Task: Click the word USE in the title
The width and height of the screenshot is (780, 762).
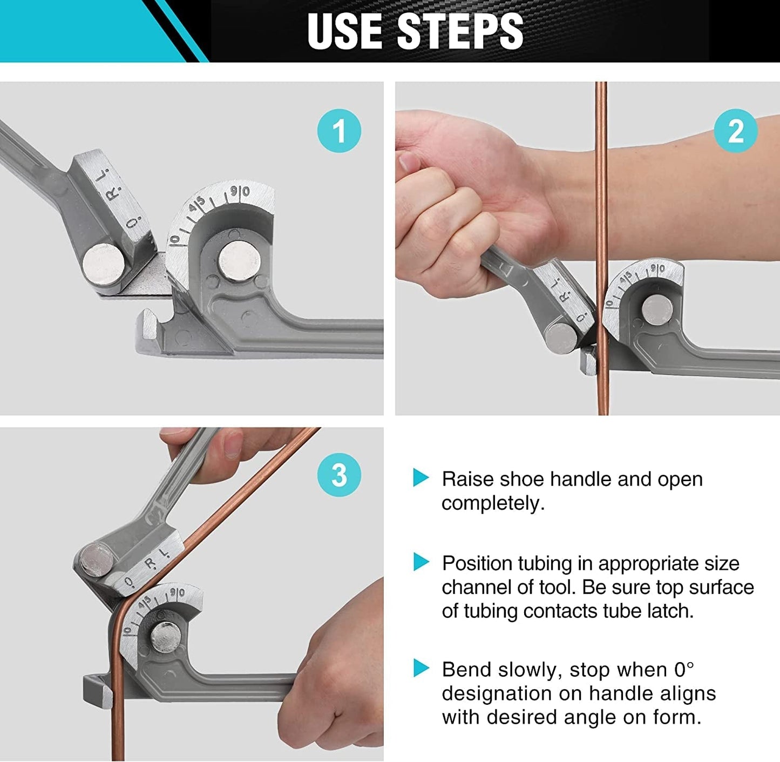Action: click(345, 31)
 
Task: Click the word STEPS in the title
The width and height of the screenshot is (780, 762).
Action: click(460, 31)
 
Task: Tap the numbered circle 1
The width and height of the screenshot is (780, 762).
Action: click(339, 131)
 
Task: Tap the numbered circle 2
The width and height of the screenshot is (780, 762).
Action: click(736, 131)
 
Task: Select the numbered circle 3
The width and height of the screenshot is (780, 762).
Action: click(339, 475)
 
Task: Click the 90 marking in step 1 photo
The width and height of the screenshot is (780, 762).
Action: click(240, 192)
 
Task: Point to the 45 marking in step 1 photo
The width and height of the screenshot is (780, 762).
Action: click(197, 205)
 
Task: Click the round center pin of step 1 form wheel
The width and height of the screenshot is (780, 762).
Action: click(240, 261)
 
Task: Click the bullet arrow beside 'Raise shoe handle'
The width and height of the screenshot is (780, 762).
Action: click(421, 477)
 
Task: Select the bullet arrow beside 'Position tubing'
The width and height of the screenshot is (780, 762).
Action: click(421, 562)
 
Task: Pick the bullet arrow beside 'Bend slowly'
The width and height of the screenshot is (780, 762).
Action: click(421, 668)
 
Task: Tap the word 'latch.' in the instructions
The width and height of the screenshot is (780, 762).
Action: click(670, 611)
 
